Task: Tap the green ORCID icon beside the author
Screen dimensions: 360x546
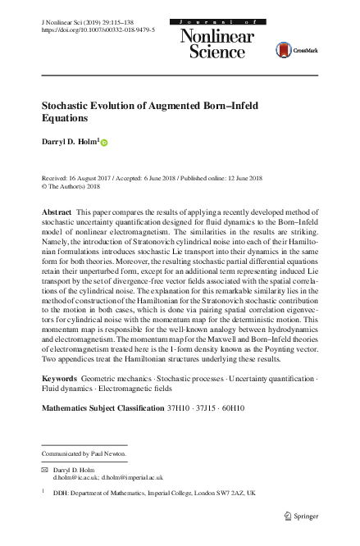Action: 104,142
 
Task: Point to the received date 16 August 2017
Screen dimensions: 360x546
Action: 95,178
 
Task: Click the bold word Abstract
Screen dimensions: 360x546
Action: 57,212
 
